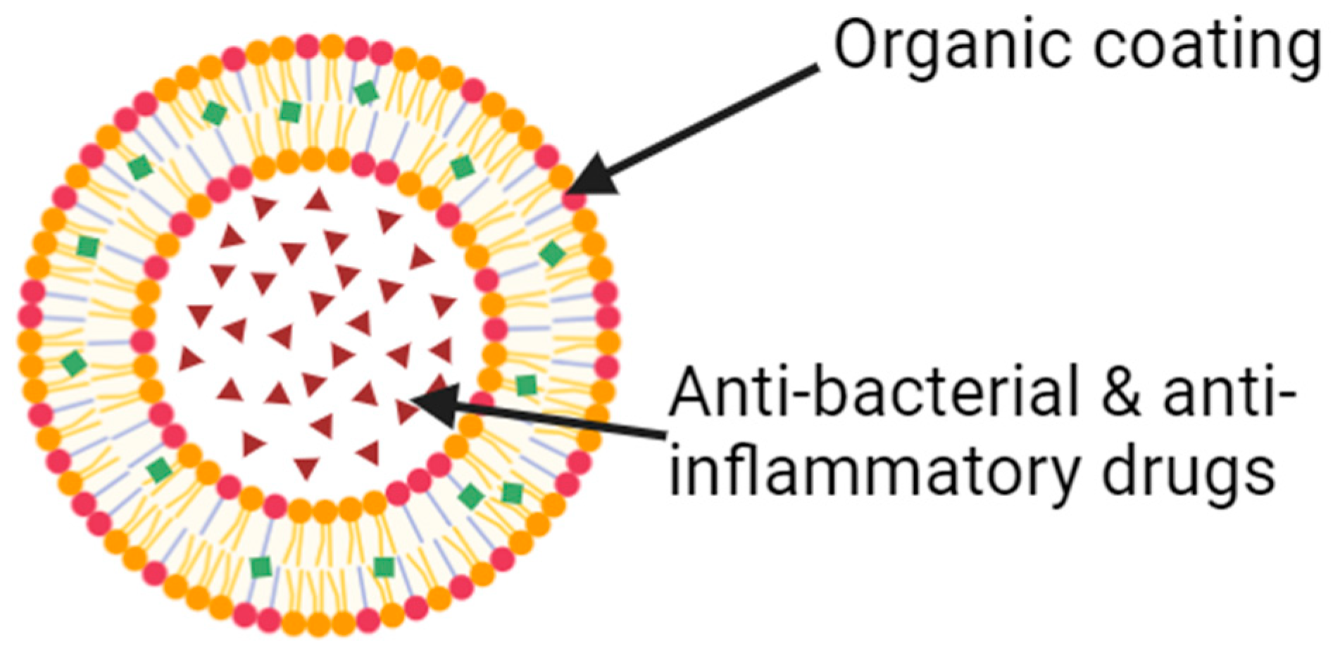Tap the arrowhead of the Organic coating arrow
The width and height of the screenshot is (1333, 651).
coord(589,176)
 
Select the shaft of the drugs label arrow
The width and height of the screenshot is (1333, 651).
coord(563,421)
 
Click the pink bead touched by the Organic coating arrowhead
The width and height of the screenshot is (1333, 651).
coord(573,199)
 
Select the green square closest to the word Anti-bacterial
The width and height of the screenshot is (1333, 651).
coord(525,385)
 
